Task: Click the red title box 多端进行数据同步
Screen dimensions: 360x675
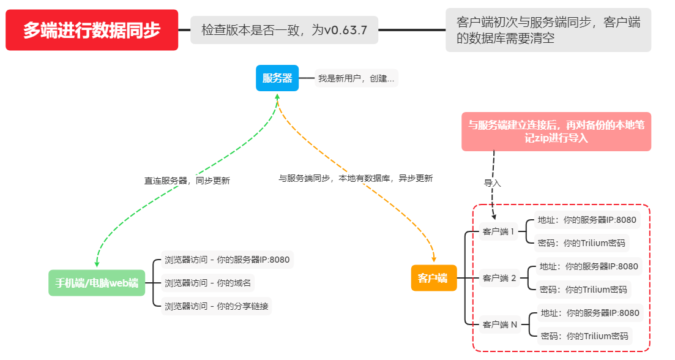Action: pos(92,30)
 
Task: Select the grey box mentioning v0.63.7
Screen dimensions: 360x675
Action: pos(285,30)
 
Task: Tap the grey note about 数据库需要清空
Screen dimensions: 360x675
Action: pos(548,30)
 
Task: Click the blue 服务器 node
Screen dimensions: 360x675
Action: pos(277,78)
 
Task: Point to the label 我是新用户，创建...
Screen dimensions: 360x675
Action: pos(356,78)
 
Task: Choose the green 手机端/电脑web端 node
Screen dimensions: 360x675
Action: pos(97,283)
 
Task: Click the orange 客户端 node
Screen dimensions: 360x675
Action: pos(433,278)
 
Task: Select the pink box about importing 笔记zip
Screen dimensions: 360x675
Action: pos(556,131)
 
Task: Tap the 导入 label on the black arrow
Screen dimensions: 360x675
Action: pos(492,182)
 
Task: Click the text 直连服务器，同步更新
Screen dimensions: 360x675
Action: pos(187,181)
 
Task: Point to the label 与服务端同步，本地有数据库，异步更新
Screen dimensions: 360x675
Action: pos(356,178)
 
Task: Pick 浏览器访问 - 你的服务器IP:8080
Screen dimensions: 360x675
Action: pos(226,260)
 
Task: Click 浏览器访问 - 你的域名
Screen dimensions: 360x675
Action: pos(207,283)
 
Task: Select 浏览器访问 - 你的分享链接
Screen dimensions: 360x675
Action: pos(216,306)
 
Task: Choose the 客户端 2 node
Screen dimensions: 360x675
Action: pos(499,278)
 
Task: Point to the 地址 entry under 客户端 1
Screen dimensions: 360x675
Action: pos(587,220)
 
